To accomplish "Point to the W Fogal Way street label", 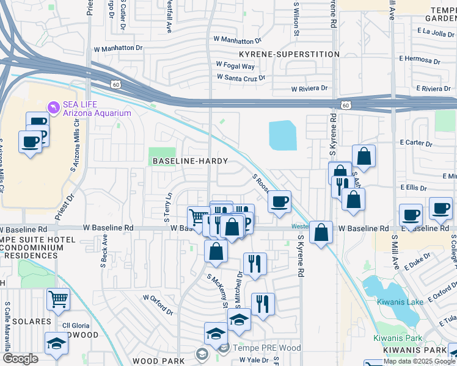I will click(x=235, y=66).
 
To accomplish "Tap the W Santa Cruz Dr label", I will click(x=241, y=77).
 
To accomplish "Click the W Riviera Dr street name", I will click(x=310, y=88).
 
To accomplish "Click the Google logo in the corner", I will click(x=20, y=358).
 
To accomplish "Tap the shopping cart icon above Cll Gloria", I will click(x=58, y=300).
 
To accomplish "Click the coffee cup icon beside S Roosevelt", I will click(x=279, y=201).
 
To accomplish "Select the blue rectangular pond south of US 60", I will click(x=282, y=135).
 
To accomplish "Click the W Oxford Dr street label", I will click(x=158, y=303).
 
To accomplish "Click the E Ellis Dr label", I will click(x=413, y=188).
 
